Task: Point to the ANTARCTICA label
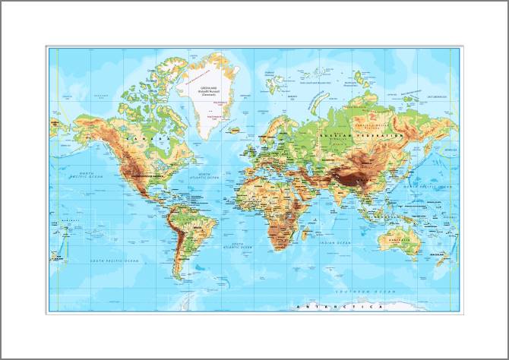pos(337,307)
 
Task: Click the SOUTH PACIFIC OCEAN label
pos(115,261)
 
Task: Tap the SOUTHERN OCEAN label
pos(366,292)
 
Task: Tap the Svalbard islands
pos(274,76)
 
